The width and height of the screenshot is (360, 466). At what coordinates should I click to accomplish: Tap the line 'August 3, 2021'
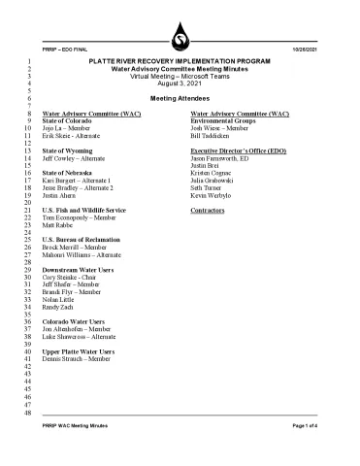(180, 83)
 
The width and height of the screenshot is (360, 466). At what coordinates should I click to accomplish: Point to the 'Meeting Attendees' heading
(180, 99)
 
